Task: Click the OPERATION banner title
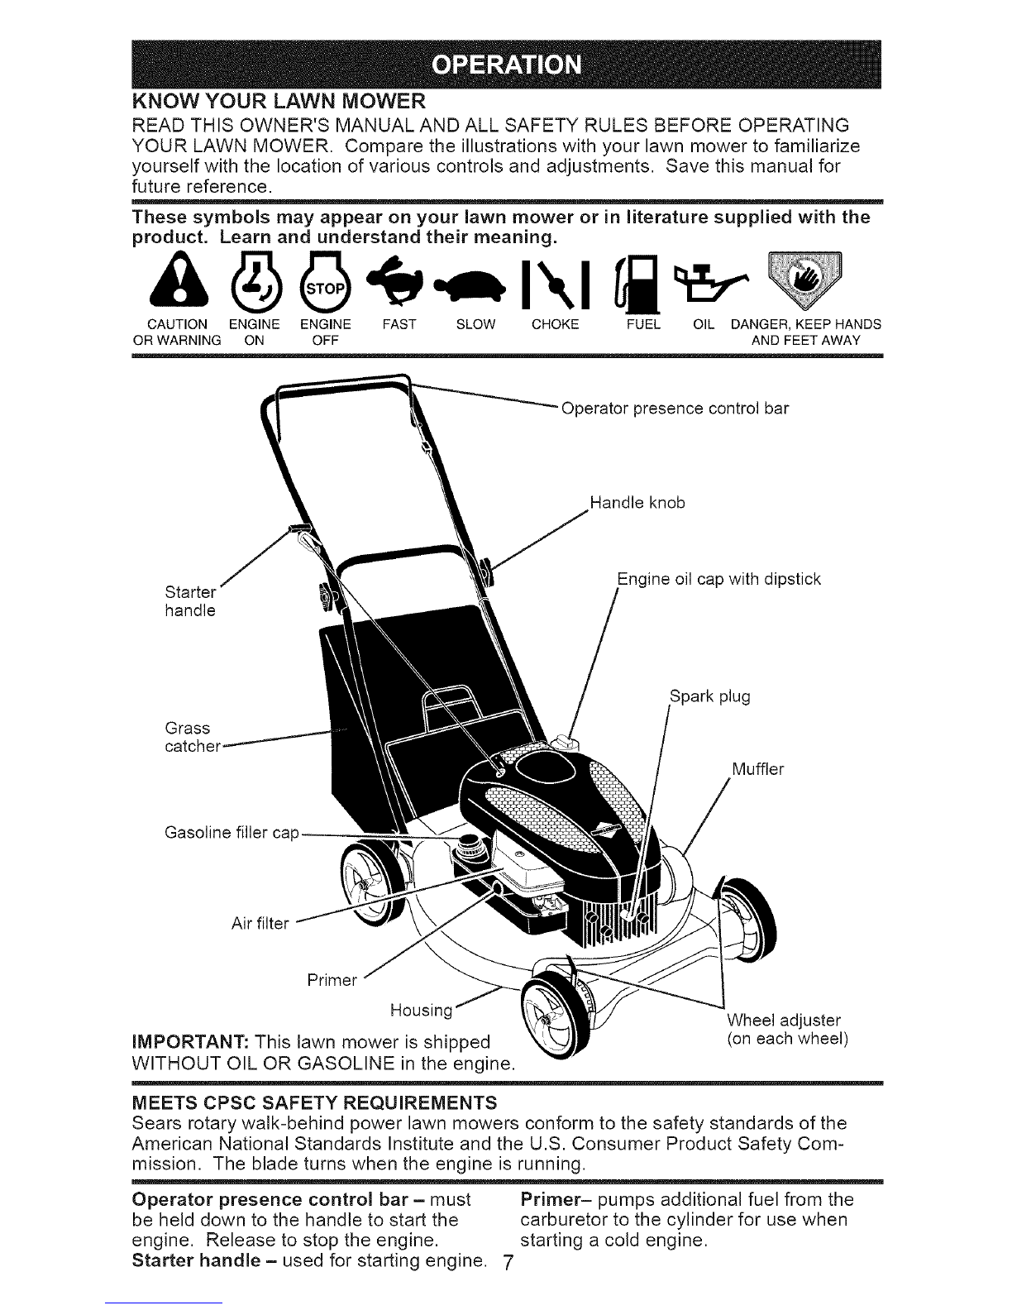[x=507, y=65]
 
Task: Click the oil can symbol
[x=712, y=284]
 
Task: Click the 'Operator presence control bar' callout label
[x=675, y=409]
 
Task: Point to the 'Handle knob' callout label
[x=637, y=503]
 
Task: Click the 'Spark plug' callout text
[x=710, y=696]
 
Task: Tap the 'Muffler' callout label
[x=757, y=769]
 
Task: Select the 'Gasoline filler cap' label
[x=232, y=833]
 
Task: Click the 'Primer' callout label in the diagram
[x=332, y=980]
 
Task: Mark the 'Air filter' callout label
[x=260, y=924]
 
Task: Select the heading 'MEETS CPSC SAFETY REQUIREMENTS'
[x=314, y=1102]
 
